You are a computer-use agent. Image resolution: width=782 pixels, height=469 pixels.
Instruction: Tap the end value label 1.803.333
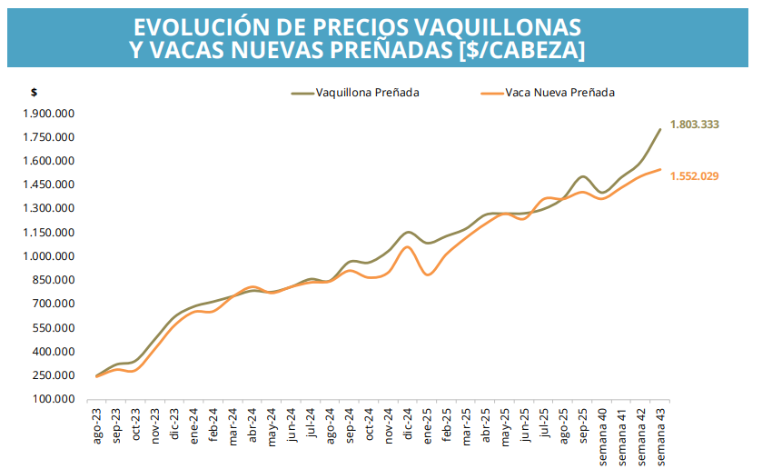[694, 124]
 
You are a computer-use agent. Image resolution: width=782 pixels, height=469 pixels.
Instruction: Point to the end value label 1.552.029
[694, 176]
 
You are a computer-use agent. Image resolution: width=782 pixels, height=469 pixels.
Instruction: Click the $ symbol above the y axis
[34, 93]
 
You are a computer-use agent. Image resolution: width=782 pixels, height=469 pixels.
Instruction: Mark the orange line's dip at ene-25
[429, 274]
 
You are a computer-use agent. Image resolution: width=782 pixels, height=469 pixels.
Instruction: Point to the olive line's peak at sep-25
[583, 176]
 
